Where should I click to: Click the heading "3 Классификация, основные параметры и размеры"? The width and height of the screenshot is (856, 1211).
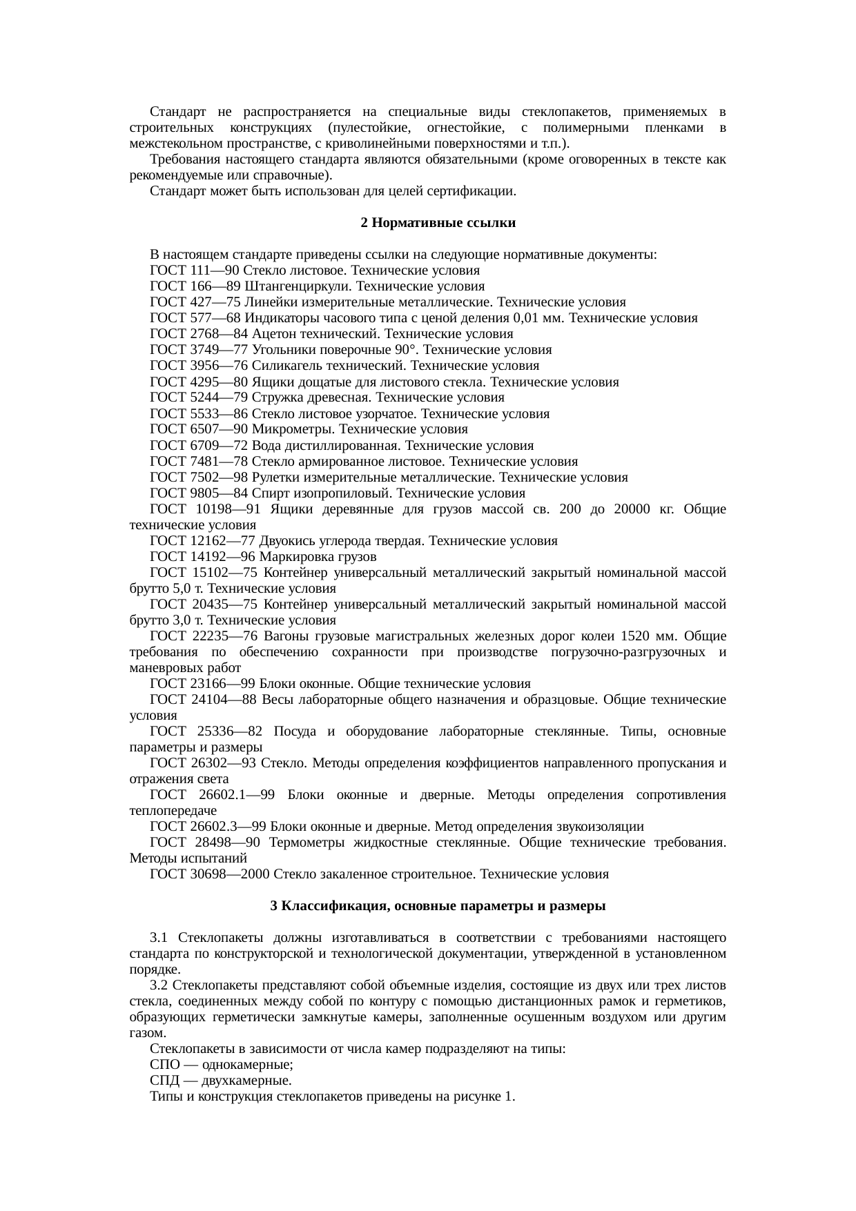coord(438,905)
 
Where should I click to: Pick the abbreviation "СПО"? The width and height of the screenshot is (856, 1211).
coord(163,1065)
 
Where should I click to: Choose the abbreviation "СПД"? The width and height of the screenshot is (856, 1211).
coord(164,1081)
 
